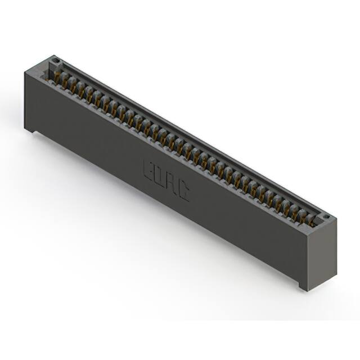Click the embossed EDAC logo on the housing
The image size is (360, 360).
(166, 179)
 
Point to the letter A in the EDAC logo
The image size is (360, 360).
(172, 183)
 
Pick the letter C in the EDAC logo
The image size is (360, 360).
(183, 191)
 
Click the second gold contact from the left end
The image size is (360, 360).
(73, 82)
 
